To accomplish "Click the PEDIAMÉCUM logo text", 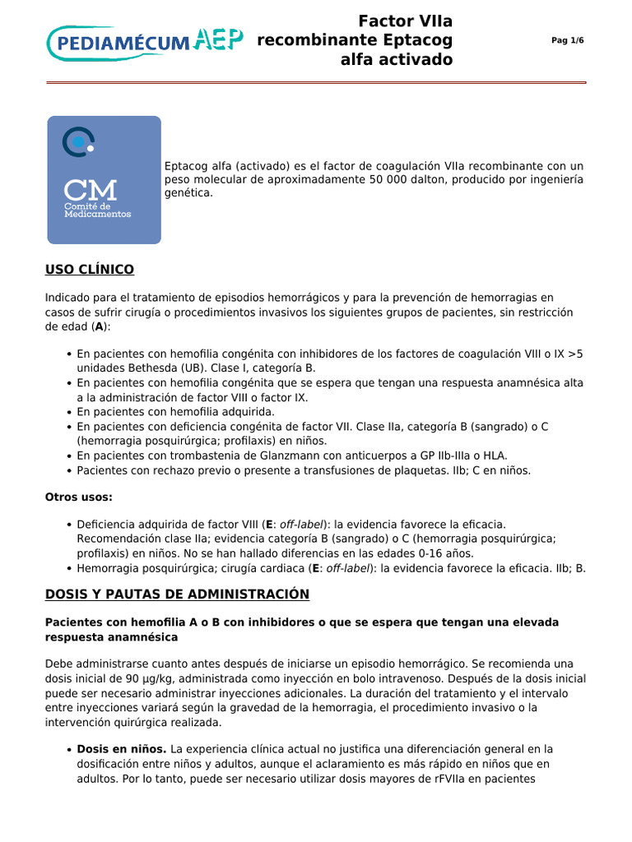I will (119, 42).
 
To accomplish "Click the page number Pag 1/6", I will (567, 41).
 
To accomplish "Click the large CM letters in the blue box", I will (91, 189).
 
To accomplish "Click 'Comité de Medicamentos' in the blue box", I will (97, 210).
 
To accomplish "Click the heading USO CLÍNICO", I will (90, 270).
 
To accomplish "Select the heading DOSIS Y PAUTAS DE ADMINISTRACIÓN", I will (177, 594).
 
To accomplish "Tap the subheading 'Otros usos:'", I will (78, 497).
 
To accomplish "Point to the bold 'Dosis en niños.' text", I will (122, 749).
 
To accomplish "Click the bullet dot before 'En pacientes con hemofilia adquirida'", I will (67, 412).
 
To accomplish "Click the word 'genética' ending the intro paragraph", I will (188, 192).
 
